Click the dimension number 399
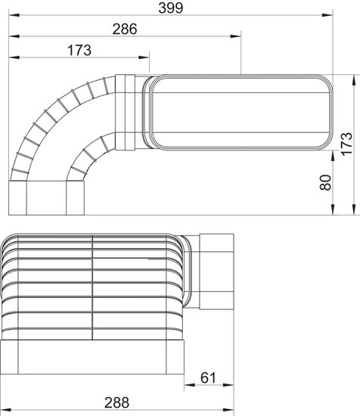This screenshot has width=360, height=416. click(x=171, y=8)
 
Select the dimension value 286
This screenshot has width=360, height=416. click(x=125, y=29)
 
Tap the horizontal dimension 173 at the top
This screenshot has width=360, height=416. click(x=79, y=50)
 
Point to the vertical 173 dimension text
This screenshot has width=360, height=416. click(x=346, y=144)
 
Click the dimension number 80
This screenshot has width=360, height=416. click(x=325, y=182)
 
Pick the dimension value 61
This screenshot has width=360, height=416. click(x=208, y=377)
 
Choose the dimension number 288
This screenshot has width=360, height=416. click(x=116, y=402)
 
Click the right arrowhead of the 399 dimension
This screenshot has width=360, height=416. click(x=327, y=15)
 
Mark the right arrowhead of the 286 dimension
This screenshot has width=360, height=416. click(x=235, y=36)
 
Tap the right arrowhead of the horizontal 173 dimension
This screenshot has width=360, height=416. click(x=144, y=57)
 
